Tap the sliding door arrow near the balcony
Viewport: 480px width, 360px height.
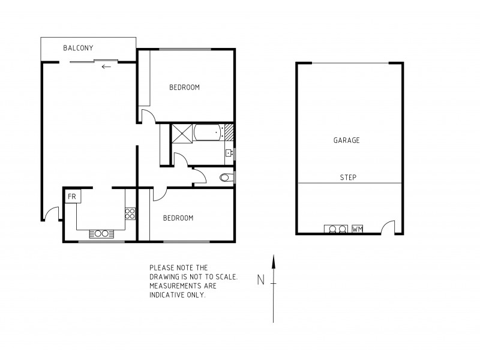pos(106,66)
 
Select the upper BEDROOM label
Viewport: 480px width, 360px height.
pos(184,88)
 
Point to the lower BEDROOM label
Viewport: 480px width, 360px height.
pos(178,218)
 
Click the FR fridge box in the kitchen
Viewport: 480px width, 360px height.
pos(72,196)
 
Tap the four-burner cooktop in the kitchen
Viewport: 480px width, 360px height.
pos(130,212)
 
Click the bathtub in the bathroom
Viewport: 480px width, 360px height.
pos(207,132)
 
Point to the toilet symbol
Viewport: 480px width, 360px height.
pos(226,177)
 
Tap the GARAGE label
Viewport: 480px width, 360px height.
pos(346,140)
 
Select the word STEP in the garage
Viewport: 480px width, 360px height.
pos(348,178)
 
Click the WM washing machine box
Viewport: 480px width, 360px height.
pos(358,229)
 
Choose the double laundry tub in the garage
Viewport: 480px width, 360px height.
pos(335,229)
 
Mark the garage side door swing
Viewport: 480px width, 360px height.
pos(388,227)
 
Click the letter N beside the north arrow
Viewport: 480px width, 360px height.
pos(260,279)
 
